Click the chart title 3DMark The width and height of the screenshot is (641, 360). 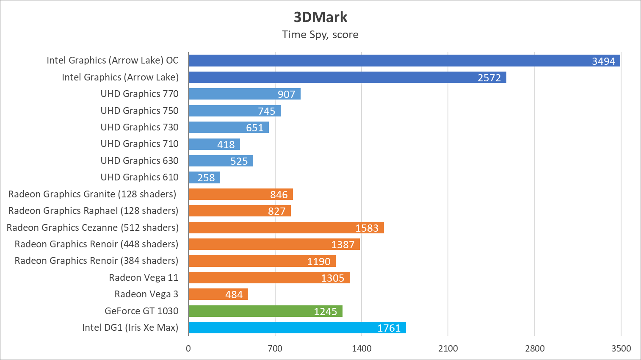pyautogui.click(x=320, y=17)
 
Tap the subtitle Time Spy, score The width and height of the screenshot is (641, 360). pyautogui.click(x=320, y=35)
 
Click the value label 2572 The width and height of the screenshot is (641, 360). pyautogui.click(x=489, y=78)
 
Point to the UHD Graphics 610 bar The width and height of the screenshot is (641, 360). pyautogui.click(x=204, y=177)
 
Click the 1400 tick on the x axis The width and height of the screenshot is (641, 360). pyautogui.click(x=362, y=349)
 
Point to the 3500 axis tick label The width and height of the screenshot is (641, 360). pyautogui.click(x=621, y=349)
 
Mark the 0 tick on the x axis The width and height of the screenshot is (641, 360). pyautogui.click(x=188, y=349)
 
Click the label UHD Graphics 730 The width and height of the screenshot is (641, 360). pyautogui.click(x=139, y=127)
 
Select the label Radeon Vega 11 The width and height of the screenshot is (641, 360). pyautogui.click(x=144, y=277)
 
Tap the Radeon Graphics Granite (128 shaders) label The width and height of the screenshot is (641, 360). pyautogui.click(x=92, y=194)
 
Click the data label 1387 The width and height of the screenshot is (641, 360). pyautogui.click(x=343, y=244)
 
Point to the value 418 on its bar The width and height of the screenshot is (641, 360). pyautogui.click(x=226, y=145)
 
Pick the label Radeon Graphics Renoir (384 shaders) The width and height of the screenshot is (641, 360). pyautogui.click(x=97, y=260)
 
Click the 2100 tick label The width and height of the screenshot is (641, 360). pyautogui.click(x=448, y=349)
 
